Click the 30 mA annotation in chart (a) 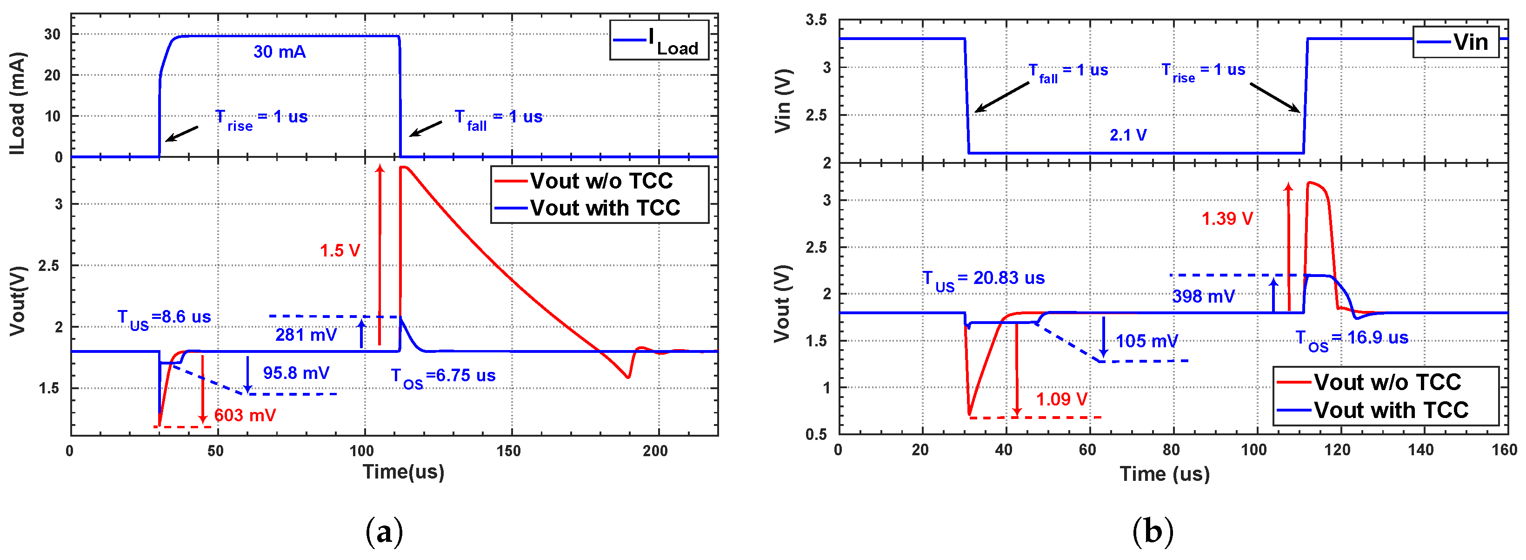tap(280, 52)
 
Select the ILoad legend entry tap(659, 40)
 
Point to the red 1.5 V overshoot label tap(340, 250)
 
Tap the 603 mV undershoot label tap(245, 415)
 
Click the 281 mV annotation tap(306, 336)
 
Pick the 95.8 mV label tap(296, 373)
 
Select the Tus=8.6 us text tap(164, 318)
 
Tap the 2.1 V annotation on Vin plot tap(1128, 135)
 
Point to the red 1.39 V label tap(1227, 219)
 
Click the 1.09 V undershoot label tap(1061, 399)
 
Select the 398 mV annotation tap(1203, 297)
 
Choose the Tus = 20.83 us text tap(983, 279)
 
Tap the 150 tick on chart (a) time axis tap(508, 452)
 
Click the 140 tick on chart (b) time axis tap(1420, 450)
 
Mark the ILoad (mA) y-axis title tap(18, 104)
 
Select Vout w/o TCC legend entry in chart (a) tap(600, 181)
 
